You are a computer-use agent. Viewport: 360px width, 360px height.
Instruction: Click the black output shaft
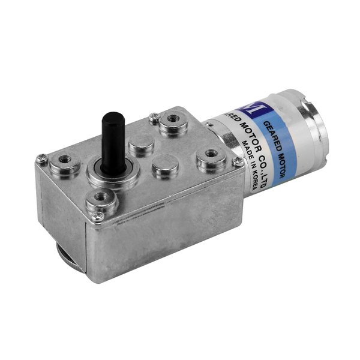point(110,137)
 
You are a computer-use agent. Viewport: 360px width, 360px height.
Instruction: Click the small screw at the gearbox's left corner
point(42,159)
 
